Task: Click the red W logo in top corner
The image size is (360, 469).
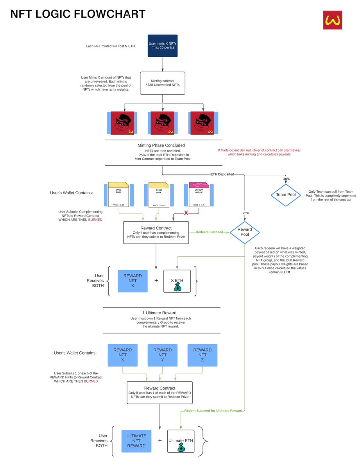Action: pos(332,20)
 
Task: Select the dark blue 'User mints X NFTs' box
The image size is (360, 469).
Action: pos(163,46)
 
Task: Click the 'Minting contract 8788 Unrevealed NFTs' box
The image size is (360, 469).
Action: pos(163,83)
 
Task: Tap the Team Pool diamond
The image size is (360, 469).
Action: pos(286,194)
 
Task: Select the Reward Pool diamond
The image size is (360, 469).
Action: pos(245,232)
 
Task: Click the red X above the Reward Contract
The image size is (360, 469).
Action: pos(186,213)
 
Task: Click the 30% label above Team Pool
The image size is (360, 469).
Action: pos(286,179)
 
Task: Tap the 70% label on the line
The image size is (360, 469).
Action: pos(245,213)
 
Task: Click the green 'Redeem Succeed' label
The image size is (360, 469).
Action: pos(210,232)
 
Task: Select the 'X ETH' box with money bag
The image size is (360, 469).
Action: pos(177,281)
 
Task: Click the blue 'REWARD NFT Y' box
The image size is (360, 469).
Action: pos(163,355)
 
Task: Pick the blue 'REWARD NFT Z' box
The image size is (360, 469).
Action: pos(202,355)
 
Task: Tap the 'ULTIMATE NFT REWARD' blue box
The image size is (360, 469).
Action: pos(136,441)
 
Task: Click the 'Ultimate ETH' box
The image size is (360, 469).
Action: pos(181,441)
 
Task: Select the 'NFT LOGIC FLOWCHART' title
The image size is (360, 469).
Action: pos(78,14)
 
